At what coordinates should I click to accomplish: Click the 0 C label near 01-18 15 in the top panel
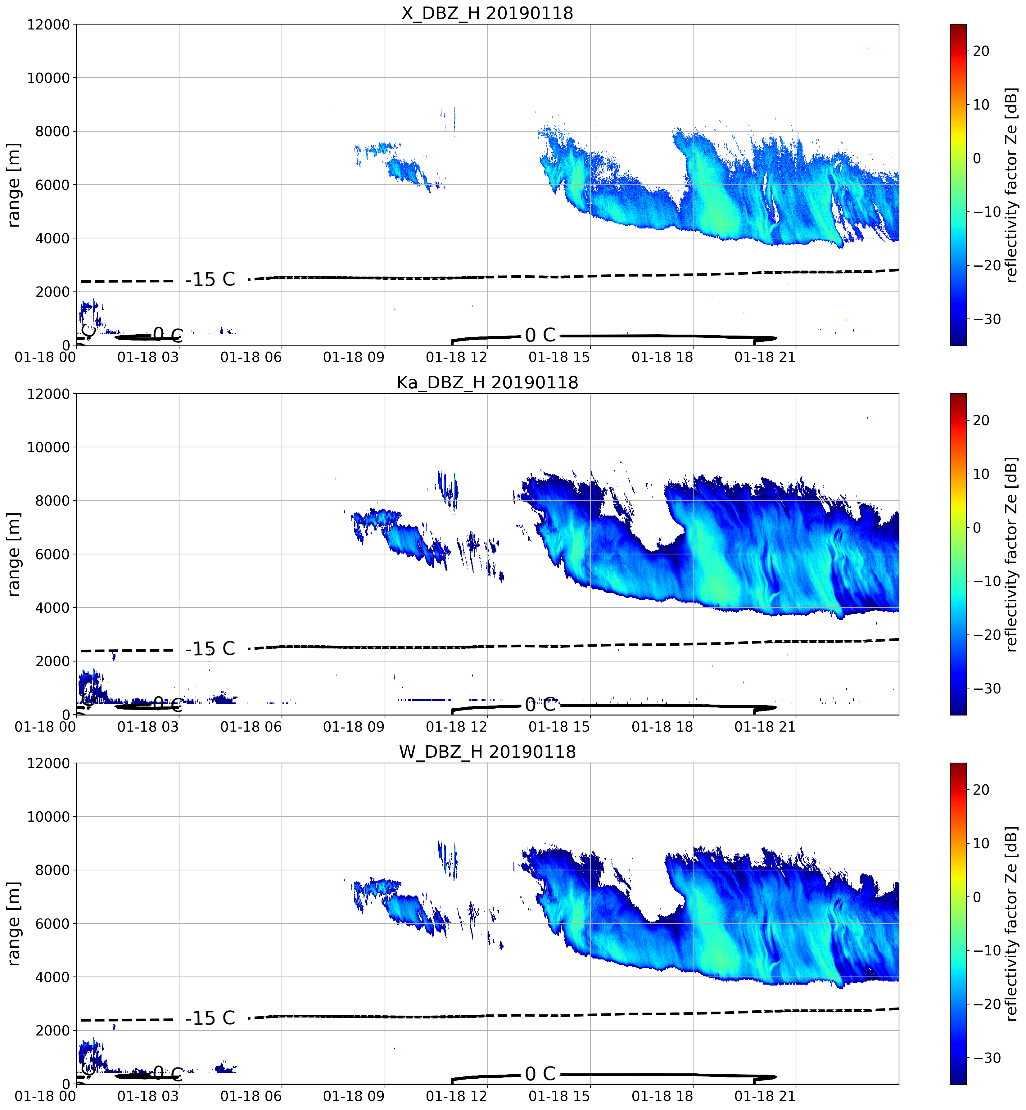[x=540, y=335]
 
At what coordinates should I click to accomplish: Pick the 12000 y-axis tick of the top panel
[x=49, y=25]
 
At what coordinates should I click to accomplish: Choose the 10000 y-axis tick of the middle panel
[x=49, y=447]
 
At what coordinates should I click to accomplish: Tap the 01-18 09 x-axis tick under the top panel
[x=354, y=357]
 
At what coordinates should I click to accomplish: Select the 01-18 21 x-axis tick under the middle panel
[x=765, y=726]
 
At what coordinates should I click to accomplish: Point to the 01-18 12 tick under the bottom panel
[x=456, y=1096]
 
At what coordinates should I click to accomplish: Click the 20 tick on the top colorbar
[x=981, y=51]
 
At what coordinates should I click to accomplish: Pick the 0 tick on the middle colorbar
[x=977, y=528]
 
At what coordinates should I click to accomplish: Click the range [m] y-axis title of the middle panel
[x=13, y=554]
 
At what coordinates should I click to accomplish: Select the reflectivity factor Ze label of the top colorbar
[x=1012, y=185]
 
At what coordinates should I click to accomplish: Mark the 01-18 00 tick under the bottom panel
[x=46, y=1096]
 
